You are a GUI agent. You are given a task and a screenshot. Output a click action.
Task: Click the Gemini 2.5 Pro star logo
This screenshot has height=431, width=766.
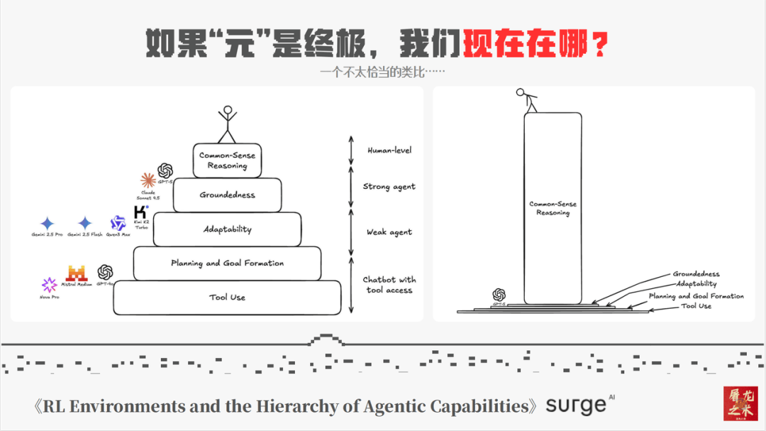pyautogui.click(x=48, y=224)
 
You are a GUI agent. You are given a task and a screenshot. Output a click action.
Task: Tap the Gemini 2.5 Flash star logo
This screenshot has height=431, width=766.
pyautogui.click(x=85, y=224)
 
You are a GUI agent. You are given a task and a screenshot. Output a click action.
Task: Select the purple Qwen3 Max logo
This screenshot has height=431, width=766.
pyautogui.click(x=118, y=224)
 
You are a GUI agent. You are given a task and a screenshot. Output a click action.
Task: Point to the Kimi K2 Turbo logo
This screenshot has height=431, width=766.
pyautogui.click(x=141, y=212)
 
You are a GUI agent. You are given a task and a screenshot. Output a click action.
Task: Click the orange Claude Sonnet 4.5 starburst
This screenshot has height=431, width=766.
pyautogui.click(x=148, y=180)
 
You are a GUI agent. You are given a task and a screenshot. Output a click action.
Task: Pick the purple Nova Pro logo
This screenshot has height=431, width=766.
pyautogui.click(x=49, y=285)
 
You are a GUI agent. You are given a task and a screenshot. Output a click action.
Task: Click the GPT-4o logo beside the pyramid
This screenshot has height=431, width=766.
pyautogui.click(x=106, y=272)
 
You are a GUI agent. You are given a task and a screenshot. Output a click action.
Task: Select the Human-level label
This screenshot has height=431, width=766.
pyautogui.click(x=389, y=151)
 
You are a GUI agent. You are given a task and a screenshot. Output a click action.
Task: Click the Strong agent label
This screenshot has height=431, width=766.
pyautogui.click(x=389, y=187)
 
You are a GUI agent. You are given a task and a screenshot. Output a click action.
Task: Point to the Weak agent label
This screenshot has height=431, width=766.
pyautogui.click(x=389, y=232)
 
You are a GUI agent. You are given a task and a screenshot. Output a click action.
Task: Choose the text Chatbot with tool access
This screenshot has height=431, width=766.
pyautogui.click(x=389, y=285)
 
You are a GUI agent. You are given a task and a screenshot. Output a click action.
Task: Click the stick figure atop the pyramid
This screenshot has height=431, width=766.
pyautogui.click(x=227, y=124)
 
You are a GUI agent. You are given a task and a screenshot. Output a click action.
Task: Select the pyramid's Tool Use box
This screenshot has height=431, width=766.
pyautogui.click(x=227, y=298)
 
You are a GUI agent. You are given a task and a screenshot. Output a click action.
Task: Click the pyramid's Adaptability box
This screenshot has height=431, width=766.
pyautogui.click(x=227, y=229)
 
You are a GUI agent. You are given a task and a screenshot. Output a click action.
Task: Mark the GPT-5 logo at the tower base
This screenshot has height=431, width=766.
pyautogui.click(x=499, y=295)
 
